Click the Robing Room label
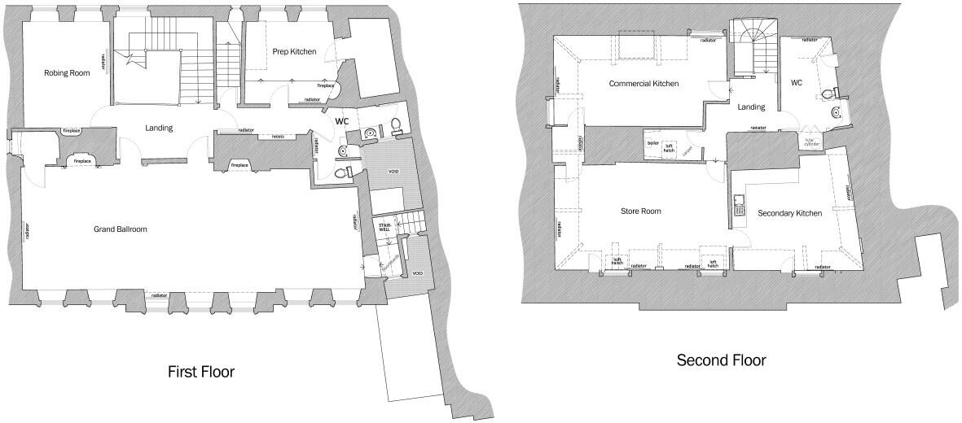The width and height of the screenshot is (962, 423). (x=67, y=73)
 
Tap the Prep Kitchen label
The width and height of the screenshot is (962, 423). (x=294, y=51)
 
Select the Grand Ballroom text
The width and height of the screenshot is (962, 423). (x=120, y=229)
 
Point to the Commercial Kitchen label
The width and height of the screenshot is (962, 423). (x=644, y=84)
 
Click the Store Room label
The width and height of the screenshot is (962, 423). (x=640, y=211)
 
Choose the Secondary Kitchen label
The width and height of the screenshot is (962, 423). (x=789, y=213)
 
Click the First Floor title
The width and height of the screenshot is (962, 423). (x=200, y=372)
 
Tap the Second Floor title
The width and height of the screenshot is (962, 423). (x=721, y=360)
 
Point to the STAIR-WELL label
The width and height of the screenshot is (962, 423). (x=383, y=227)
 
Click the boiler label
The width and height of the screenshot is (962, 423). (x=652, y=143)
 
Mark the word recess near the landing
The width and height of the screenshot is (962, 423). (x=278, y=136)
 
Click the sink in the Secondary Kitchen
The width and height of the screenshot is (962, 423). (x=740, y=204)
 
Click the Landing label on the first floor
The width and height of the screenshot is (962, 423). (x=159, y=128)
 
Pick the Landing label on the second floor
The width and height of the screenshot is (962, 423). (x=750, y=107)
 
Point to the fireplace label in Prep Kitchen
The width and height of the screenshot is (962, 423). (x=325, y=85)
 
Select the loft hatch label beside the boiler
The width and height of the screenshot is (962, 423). (x=670, y=147)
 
